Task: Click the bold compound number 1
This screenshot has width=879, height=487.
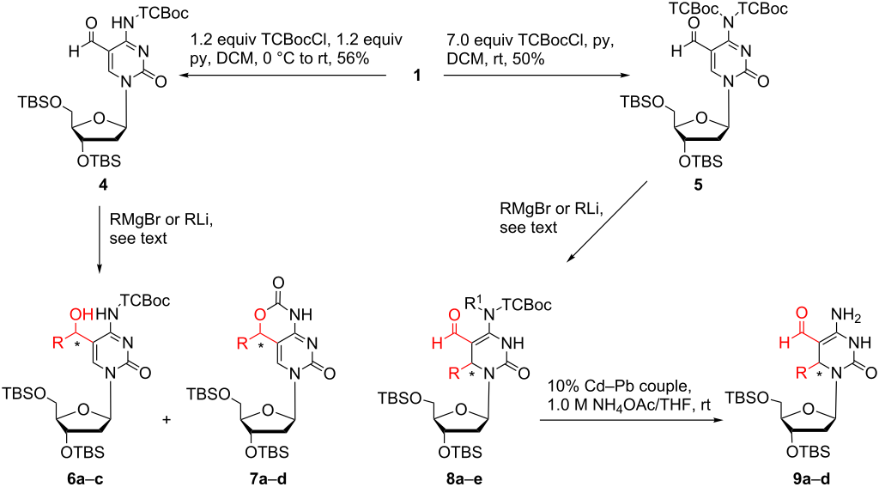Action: point(417,75)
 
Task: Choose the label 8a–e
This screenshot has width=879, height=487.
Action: point(464,478)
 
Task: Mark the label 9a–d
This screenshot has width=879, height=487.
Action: point(810,478)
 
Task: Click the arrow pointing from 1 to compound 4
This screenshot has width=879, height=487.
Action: point(283,75)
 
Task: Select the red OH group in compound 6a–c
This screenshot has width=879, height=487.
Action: point(80,314)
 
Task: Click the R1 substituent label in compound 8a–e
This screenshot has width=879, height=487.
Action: point(476,303)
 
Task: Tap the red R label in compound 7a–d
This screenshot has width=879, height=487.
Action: point(242,343)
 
